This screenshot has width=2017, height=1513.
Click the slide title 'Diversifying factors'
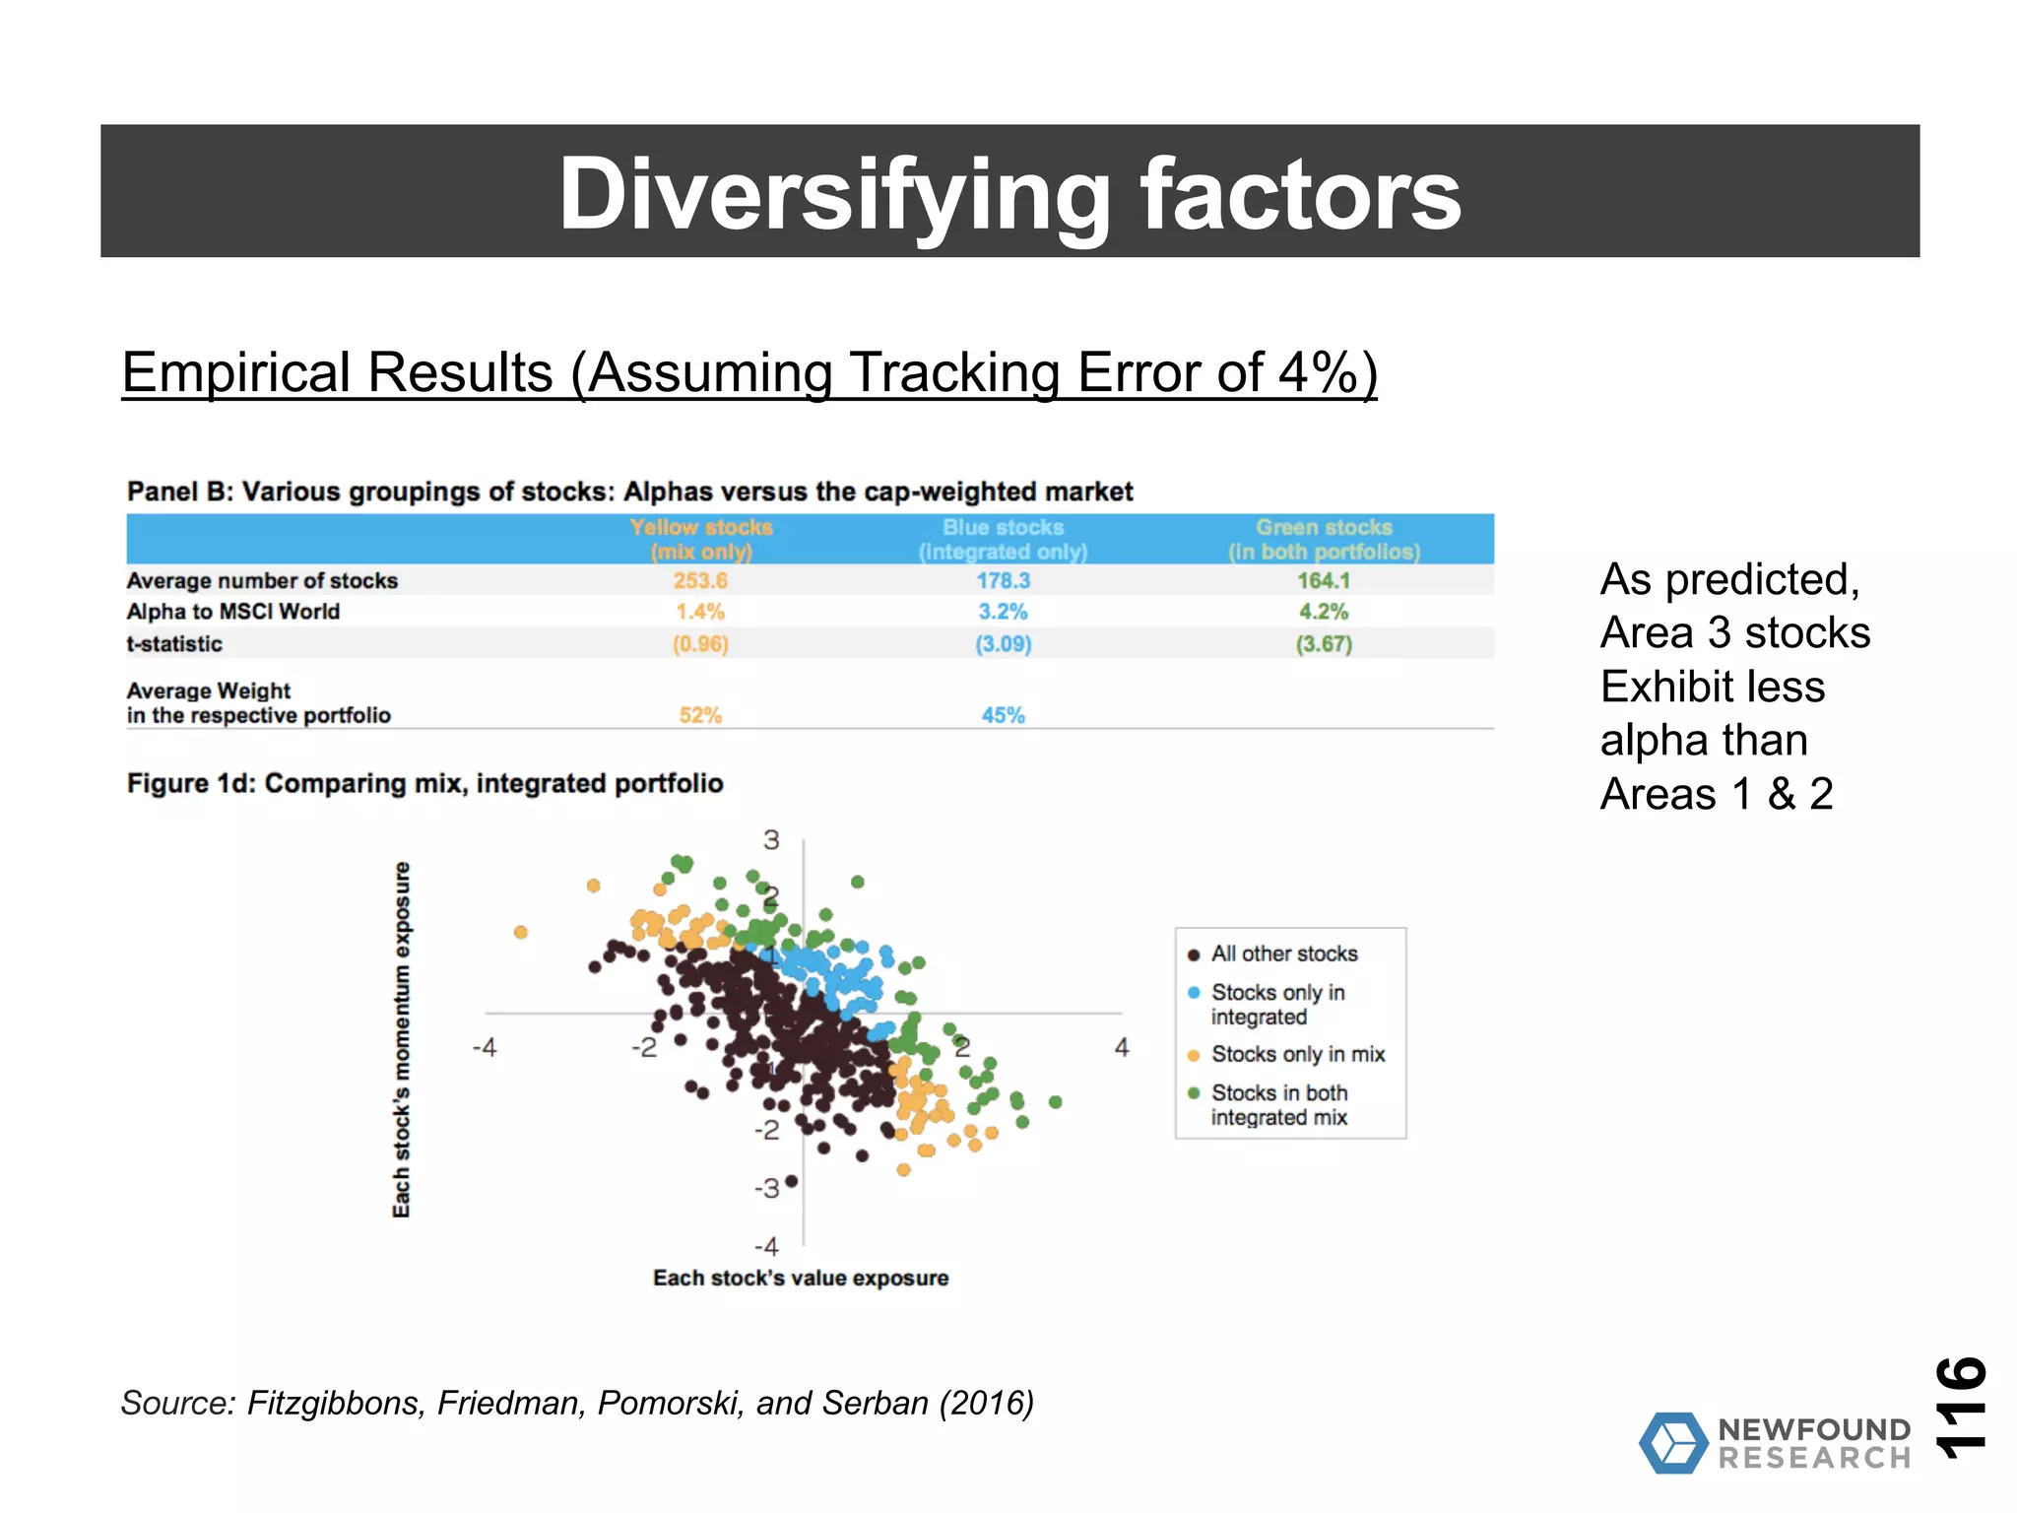1009,193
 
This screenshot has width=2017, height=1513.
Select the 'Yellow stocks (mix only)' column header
701,539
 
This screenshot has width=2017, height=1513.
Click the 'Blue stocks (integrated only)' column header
1003,539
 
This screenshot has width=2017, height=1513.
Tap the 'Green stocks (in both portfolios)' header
1324,539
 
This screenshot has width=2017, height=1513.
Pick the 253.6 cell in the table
700,581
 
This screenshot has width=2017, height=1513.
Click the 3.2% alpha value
1003,612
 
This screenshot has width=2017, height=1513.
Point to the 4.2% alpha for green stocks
1324,612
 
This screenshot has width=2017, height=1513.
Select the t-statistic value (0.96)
700,644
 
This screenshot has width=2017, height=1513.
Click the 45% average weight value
1003,715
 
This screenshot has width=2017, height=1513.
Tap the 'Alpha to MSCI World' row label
233,612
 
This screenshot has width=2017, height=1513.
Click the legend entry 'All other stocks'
1283,954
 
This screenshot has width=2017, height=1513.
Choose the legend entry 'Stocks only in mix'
1297,1054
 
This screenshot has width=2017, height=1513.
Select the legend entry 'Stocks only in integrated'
1277,1004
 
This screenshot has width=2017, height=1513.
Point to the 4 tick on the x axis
1122,1047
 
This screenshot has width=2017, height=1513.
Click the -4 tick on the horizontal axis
485,1047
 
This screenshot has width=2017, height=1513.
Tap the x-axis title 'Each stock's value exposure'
801,1278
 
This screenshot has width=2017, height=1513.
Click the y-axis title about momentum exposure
401,1039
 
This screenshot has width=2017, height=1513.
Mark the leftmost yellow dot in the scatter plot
521,932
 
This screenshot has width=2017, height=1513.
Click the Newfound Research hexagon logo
1672,1443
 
